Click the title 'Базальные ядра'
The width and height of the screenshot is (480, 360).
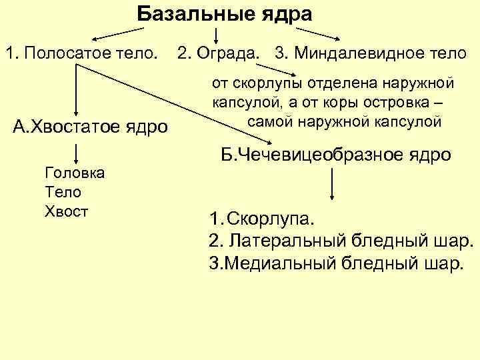[225, 13]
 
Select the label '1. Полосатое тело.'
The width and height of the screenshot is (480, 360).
[83, 52]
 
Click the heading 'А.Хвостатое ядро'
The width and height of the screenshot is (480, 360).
[91, 126]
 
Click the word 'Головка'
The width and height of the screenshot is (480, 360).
[74, 173]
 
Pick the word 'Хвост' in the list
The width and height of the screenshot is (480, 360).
[66, 211]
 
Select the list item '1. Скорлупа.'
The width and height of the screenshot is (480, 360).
[264, 219]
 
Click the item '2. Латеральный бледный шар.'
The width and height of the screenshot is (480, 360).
[341, 240]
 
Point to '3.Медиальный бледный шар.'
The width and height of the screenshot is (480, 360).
[335, 262]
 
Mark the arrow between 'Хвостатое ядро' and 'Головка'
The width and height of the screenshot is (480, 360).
[77, 152]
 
